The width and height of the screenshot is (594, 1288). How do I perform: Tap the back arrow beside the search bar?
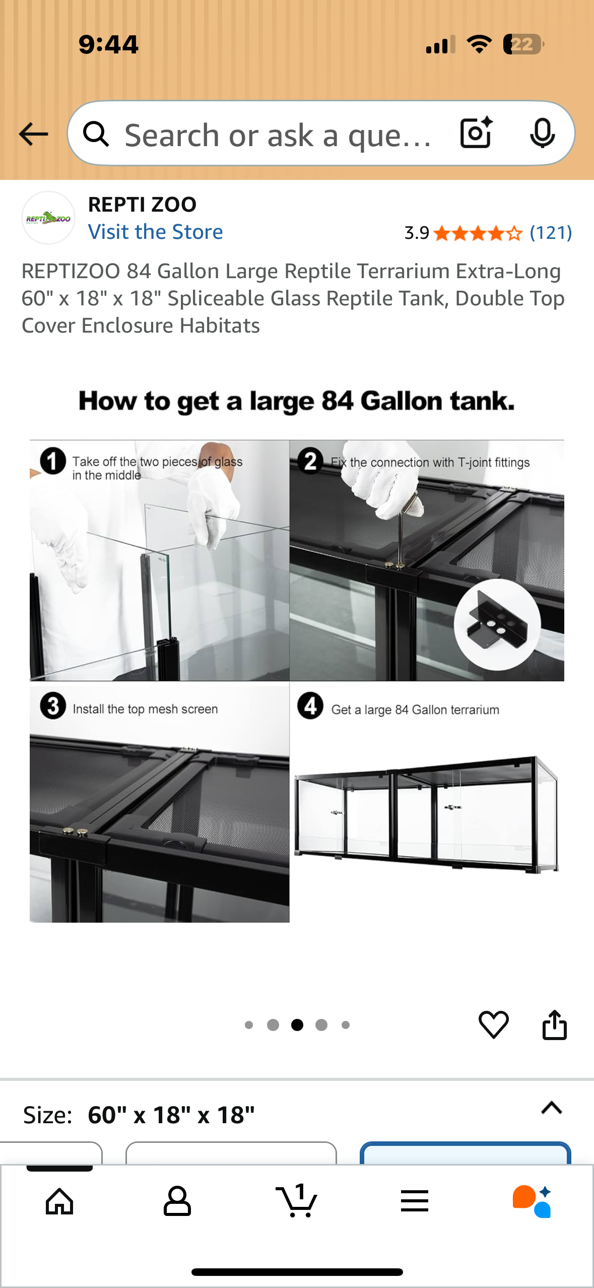tap(33, 134)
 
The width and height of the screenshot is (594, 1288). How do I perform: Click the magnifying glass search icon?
tap(96, 134)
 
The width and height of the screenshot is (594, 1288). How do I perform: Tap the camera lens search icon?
tap(476, 133)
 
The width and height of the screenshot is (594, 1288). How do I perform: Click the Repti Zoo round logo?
tap(48, 218)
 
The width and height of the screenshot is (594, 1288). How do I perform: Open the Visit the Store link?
tap(155, 232)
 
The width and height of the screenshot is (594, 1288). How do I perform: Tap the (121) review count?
tap(551, 233)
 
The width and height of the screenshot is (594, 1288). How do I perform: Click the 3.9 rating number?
tap(417, 233)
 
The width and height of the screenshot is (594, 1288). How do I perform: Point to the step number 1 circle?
tap(53, 461)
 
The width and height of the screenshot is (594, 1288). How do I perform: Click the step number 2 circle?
tap(310, 461)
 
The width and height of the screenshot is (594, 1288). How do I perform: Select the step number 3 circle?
tap(53, 706)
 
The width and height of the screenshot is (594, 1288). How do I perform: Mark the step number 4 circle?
tap(310, 706)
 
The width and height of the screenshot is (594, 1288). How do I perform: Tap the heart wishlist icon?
tap(493, 1024)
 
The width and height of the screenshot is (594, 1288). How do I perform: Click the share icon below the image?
tap(554, 1024)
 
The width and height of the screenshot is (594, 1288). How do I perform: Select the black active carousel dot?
tap(297, 1025)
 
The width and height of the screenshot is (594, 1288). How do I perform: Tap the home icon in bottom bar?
tap(59, 1201)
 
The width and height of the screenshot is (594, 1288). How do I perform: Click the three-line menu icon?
tap(415, 1201)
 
